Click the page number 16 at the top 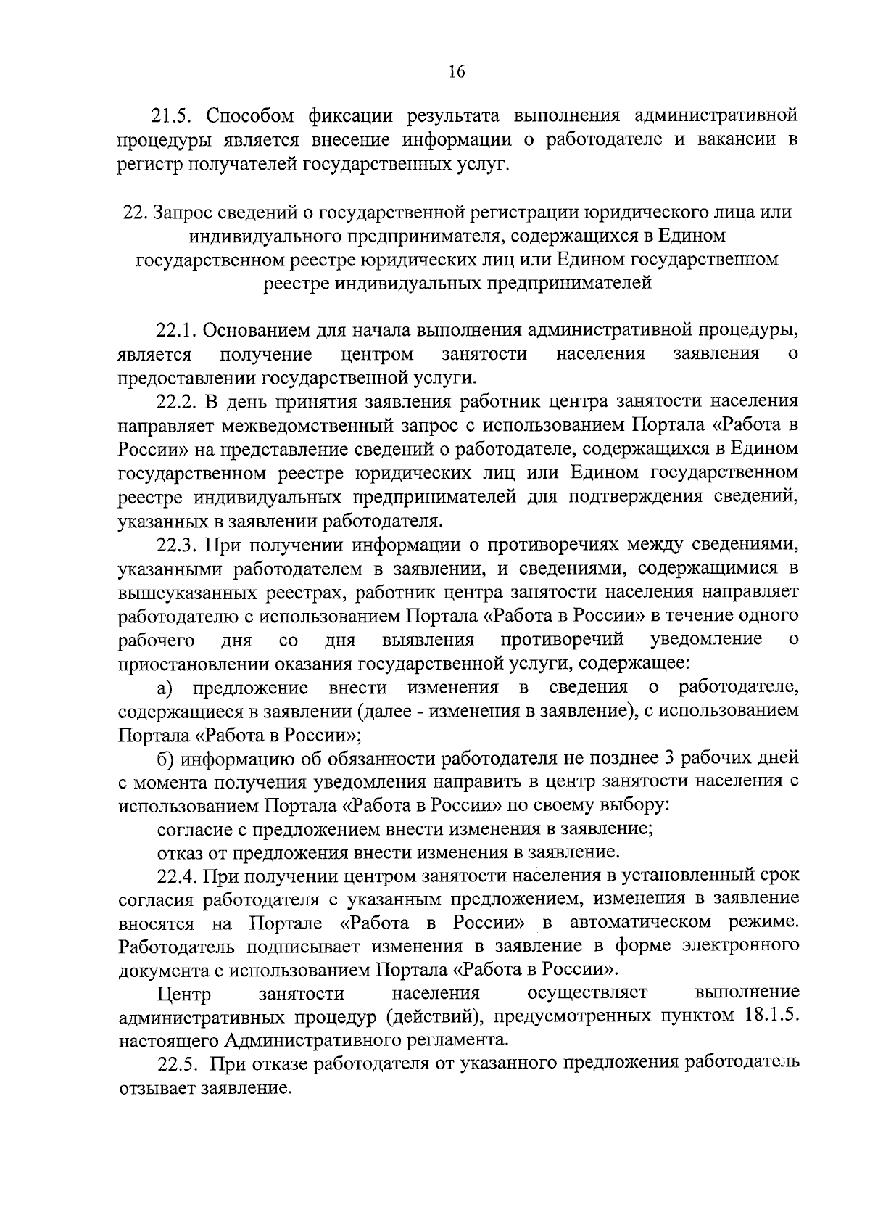tap(456, 71)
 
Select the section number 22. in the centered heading tap(135, 213)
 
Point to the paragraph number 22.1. tap(176, 331)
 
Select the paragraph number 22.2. tap(176, 401)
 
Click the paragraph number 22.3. tap(176, 544)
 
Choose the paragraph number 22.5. tap(176, 1063)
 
